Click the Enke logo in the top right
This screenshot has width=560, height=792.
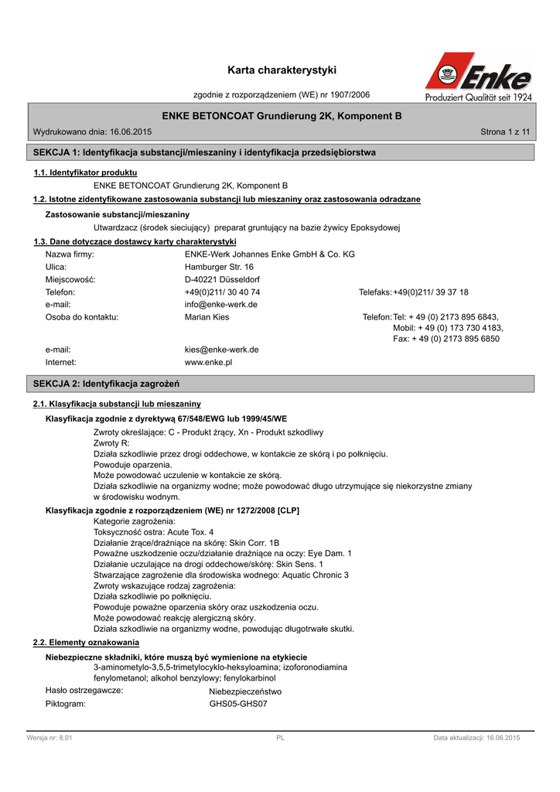click(x=478, y=77)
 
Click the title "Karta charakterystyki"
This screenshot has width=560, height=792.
click(x=282, y=70)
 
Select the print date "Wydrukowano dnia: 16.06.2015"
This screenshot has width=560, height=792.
click(x=92, y=133)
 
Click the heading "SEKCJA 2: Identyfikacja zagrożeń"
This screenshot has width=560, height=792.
click(x=106, y=384)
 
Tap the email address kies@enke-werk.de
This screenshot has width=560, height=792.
click(x=222, y=350)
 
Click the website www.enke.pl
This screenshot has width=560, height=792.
click(x=209, y=362)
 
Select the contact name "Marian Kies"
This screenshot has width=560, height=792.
click(x=207, y=317)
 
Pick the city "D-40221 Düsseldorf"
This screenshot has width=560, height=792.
click(x=223, y=279)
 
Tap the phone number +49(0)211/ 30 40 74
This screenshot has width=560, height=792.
click(x=223, y=292)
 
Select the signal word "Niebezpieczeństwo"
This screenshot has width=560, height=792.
click(x=245, y=691)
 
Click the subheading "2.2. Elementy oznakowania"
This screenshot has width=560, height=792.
click(x=87, y=643)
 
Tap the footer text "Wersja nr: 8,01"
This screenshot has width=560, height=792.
click(x=50, y=739)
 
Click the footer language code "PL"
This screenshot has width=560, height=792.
click(x=281, y=739)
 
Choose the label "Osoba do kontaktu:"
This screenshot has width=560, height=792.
click(x=82, y=317)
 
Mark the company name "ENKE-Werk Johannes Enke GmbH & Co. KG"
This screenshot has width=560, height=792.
click(x=270, y=254)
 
